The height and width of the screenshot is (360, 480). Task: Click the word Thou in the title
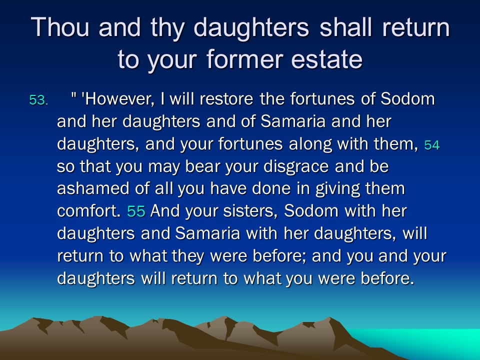(x=60, y=27)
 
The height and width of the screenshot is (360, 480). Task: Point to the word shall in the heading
(x=345, y=27)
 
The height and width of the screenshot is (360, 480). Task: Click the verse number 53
(x=38, y=100)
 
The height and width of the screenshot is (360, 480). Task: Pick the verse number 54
(x=432, y=145)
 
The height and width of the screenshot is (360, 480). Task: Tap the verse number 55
(x=136, y=211)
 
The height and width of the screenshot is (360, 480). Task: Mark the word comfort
(x=89, y=210)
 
